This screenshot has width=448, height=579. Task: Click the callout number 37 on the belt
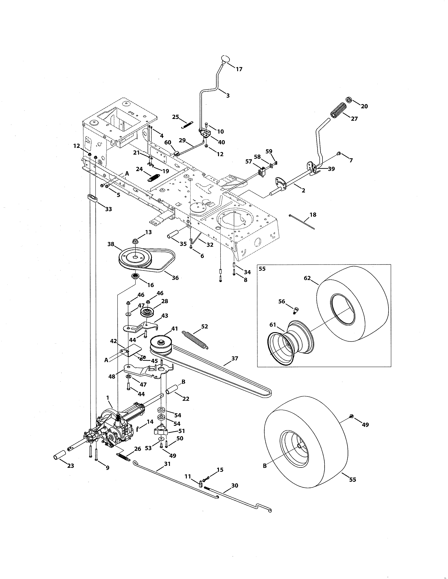235,358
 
